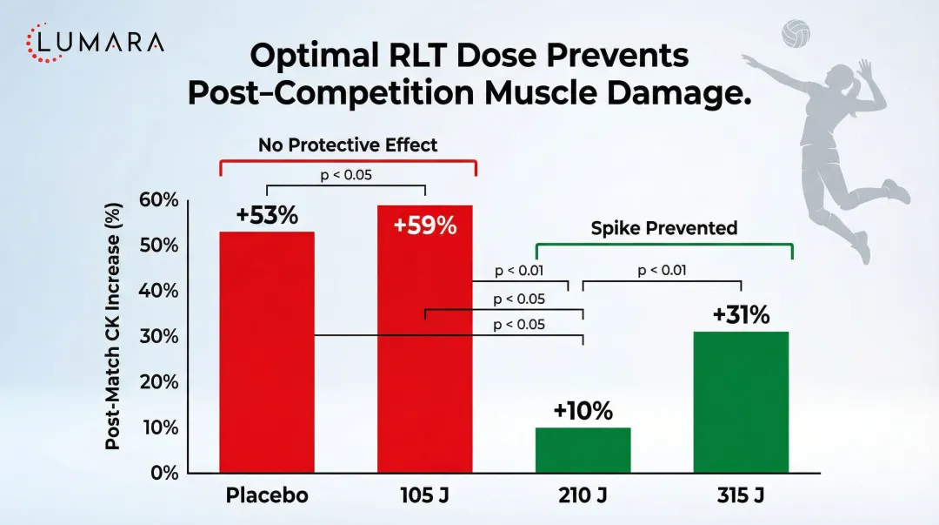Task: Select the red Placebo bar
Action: tap(267, 352)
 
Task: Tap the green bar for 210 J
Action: tap(583, 450)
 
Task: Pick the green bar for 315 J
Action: tap(741, 402)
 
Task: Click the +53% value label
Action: tap(266, 215)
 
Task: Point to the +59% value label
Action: tap(424, 225)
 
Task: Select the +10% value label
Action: tap(583, 411)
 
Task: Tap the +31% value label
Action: tap(741, 315)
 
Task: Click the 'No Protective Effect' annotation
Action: tap(348, 145)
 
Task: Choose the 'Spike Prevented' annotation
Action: tap(663, 228)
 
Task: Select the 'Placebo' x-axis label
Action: tap(267, 496)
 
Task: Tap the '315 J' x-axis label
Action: tap(741, 496)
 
